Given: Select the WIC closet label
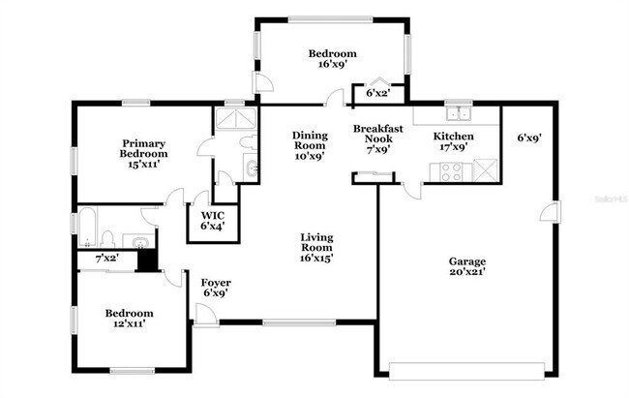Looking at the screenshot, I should [x=212, y=221].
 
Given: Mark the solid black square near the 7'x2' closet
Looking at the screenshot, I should [x=146, y=260].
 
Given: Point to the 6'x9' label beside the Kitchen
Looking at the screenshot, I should [x=527, y=138].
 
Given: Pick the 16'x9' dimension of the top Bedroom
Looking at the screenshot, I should [x=332, y=65].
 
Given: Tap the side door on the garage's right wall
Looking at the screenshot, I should [x=554, y=212].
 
